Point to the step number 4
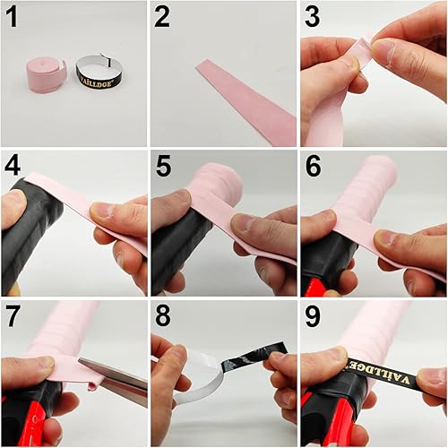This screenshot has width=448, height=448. (x=13, y=166)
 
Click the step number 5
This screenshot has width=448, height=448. (x=162, y=166)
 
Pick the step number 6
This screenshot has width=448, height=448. (x=312, y=166)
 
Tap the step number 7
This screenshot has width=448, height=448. (x=13, y=315)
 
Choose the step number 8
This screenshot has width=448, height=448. (x=162, y=315)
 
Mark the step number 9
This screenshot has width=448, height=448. (x=312, y=315)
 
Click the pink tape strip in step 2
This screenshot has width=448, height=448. (x=246, y=99)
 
